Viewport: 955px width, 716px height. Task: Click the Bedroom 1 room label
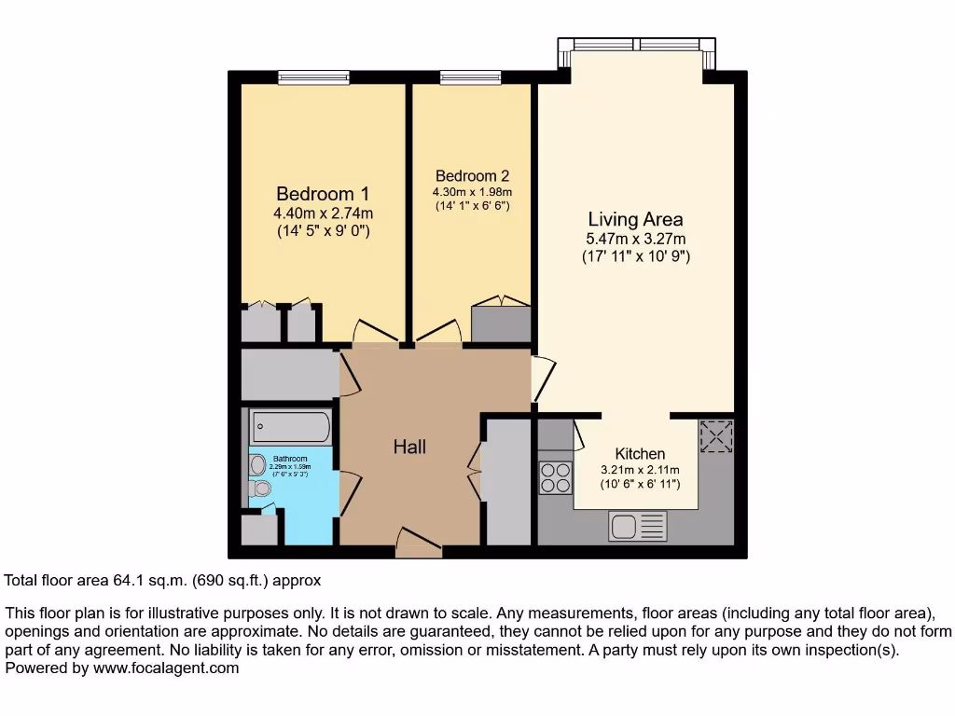323,194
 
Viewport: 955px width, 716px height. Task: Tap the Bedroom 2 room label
472,176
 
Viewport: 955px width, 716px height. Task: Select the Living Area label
635,220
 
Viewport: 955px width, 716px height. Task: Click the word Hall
409,447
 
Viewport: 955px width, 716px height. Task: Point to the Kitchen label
640,454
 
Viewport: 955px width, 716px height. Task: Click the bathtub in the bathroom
290,427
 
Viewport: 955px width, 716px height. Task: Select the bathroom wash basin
257,463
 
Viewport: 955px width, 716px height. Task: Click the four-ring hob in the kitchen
556,477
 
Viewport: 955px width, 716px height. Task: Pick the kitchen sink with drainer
638,527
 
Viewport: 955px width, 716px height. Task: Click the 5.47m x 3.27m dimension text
635,239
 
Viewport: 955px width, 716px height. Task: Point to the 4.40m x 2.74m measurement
323,213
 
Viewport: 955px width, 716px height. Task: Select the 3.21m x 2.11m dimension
640,470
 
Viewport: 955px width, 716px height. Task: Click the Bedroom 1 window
313,77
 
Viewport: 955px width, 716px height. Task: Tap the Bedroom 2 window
471,77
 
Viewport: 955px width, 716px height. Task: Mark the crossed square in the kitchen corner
716,436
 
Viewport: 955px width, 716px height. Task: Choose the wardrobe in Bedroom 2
501,323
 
